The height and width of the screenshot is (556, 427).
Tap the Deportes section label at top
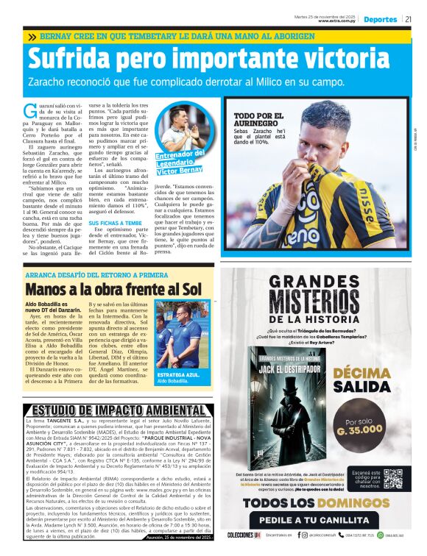pos(381,19)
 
